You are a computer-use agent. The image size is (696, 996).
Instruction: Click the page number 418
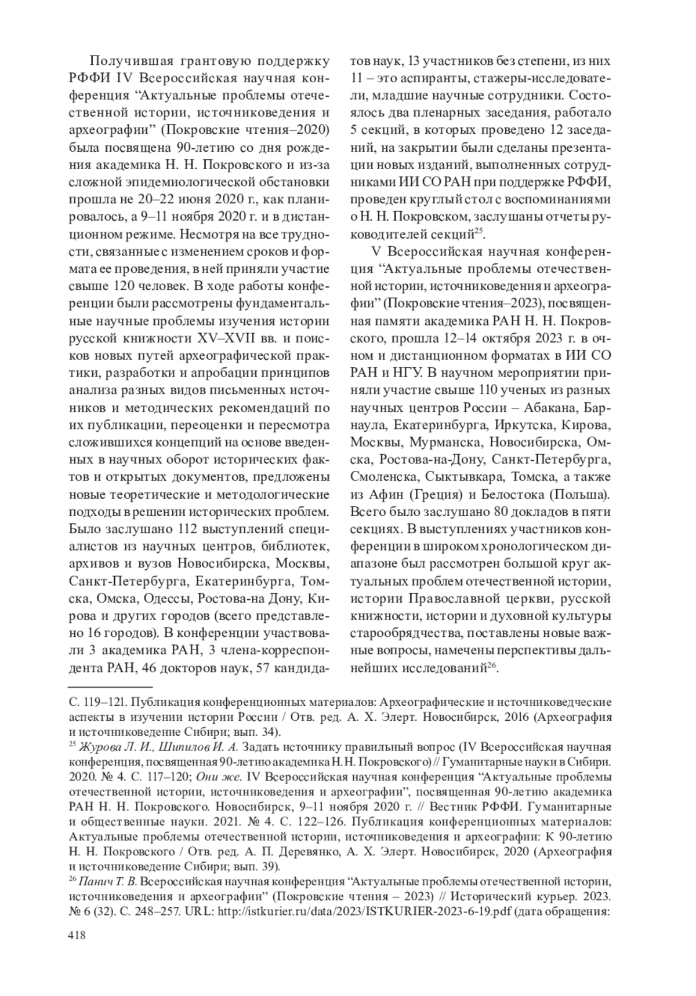pyautogui.click(x=78, y=935)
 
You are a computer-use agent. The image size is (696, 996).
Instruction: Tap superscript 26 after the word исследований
pyautogui.click(x=491, y=665)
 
